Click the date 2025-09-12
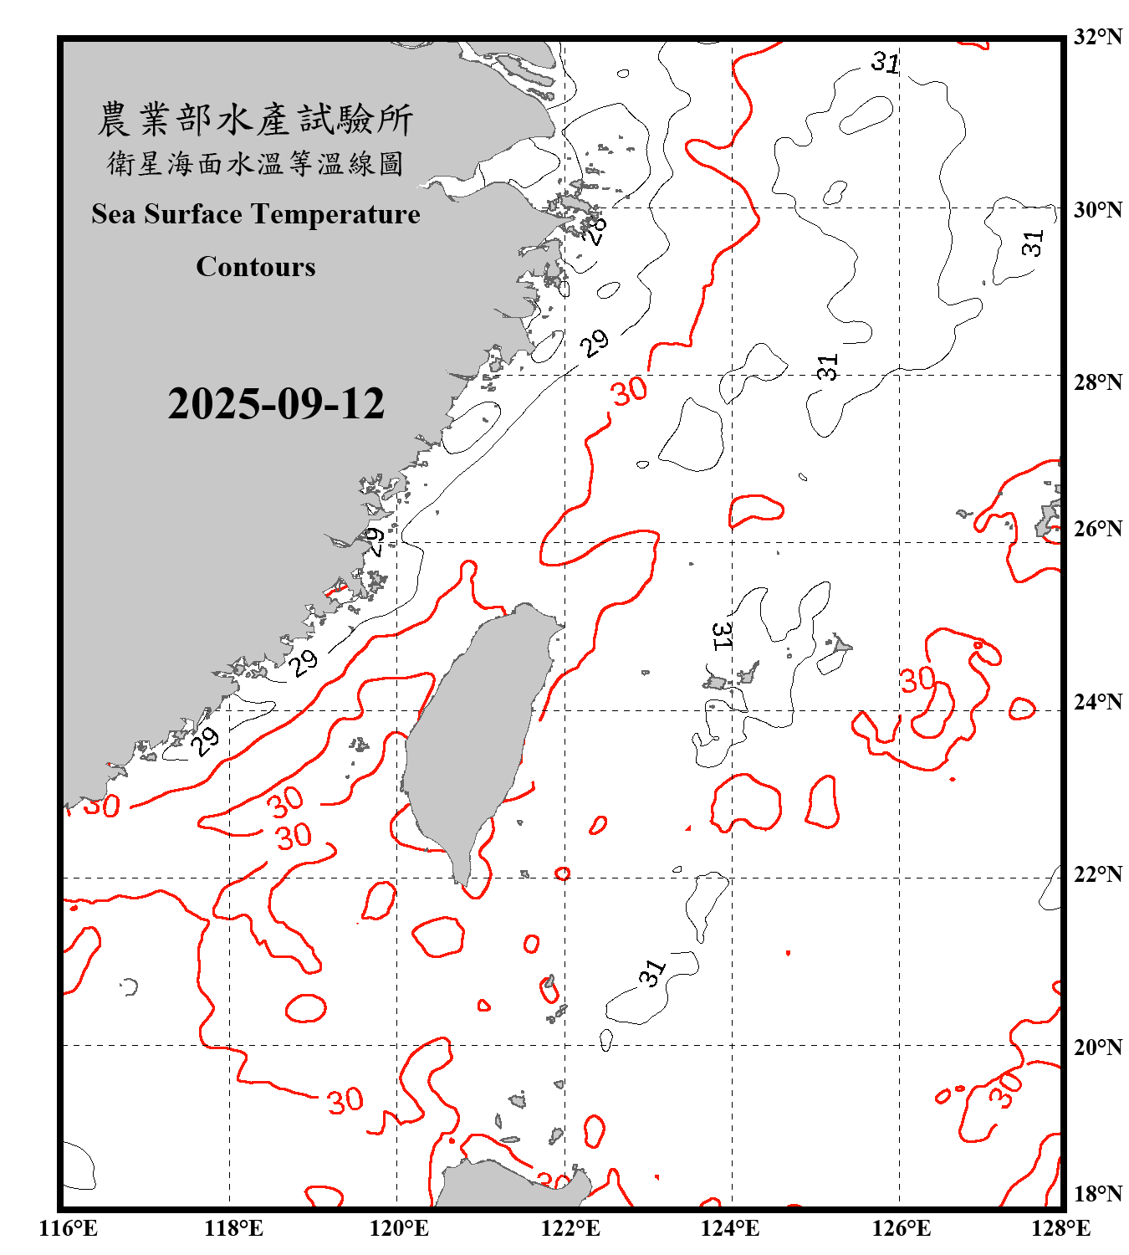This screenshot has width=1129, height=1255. [276, 404]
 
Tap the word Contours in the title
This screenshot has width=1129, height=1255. [256, 267]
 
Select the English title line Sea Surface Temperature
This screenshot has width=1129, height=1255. [256, 214]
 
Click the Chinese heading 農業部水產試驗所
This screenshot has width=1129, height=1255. [255, 119]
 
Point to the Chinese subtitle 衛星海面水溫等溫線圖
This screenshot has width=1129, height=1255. [255, 163]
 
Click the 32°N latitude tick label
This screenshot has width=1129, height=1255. [1097, 37]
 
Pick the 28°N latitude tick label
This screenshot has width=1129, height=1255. [1097, 382]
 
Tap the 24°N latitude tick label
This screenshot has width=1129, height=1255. [1097, 701]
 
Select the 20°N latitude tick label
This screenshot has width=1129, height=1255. [1097, 1047]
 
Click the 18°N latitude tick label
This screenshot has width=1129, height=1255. [1097, 1193]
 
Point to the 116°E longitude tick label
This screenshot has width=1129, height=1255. [68, 1228]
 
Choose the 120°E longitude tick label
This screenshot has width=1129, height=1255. [399, 1228]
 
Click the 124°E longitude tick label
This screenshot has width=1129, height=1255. [730, 1228]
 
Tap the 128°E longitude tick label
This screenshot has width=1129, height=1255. [1060, 1228]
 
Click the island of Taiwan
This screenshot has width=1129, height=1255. [473, 736]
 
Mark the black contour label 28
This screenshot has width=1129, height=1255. [593, 229]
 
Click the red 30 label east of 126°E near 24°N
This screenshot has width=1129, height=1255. [917, 679]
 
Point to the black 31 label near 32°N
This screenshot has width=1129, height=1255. [885, 63]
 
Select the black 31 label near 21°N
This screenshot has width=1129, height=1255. [652, 972]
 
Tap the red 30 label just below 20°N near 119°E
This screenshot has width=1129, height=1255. [345, 1100]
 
